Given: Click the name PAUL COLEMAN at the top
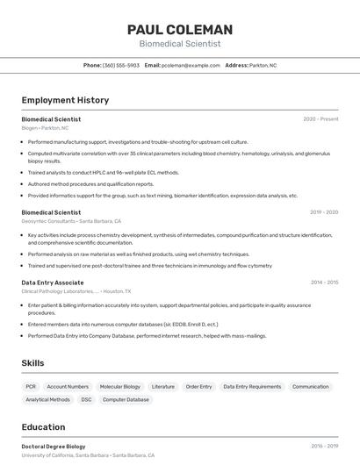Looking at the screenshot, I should [x=180, y=30].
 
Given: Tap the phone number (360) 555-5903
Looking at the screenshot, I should [x=120, y=65].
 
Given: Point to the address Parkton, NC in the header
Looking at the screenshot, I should [x=263, y=65].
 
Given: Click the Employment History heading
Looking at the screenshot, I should [x=65, y=100].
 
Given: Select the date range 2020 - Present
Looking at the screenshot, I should [x=320, y=118].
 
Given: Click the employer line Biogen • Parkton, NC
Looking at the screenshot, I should [x=45, y=128].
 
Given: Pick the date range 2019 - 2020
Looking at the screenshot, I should [x=324, y=212].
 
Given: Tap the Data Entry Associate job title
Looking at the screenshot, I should [x=53, y=283].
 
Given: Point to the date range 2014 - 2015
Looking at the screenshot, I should [x=324, y=283].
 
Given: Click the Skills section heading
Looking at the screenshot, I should [x=32, y=363].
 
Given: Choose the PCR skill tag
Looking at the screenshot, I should [x=31, y=386].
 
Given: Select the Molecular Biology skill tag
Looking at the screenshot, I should [x=119, y=386].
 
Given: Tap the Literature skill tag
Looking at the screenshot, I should [x=162, y=386].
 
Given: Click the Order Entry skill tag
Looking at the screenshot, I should [x=198, y=386].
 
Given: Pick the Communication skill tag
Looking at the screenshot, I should [x=310, y=386].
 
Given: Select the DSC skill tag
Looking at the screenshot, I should [x=86, y=399].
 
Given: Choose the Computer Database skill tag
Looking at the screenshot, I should [x=126, y=399].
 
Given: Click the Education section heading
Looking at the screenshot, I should [x=45, y=427].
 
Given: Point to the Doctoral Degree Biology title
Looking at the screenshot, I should [x=54, y=446].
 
